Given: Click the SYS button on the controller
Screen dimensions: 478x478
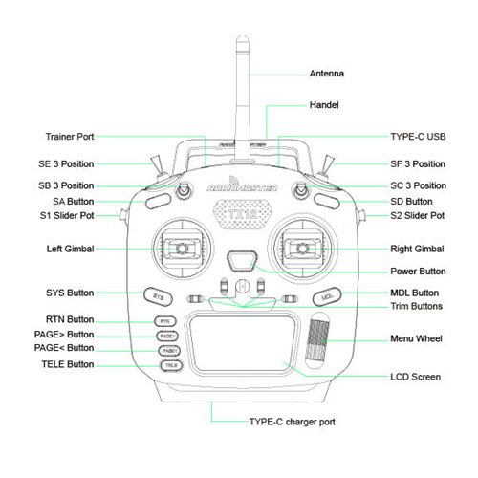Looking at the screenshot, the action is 158,296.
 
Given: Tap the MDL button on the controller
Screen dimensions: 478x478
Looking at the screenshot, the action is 327,296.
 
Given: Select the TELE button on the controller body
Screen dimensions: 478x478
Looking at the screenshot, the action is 171,365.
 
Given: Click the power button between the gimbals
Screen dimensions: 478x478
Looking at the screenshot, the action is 242,261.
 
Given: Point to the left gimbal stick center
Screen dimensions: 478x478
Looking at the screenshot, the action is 182,248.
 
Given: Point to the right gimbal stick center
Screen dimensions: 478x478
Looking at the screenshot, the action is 302,248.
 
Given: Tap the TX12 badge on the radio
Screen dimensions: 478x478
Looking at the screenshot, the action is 242,214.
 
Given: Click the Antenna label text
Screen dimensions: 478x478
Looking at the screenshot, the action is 327,74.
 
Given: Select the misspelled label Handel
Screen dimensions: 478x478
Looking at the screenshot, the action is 324,105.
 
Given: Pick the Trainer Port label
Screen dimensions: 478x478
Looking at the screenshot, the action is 70,137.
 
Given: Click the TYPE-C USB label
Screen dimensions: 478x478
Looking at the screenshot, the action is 418,137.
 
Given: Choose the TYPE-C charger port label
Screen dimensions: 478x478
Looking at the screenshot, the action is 292,422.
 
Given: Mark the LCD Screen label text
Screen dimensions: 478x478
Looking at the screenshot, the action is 416,377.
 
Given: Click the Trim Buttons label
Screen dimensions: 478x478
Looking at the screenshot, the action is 417,306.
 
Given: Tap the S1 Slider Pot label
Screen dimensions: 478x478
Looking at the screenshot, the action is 67,216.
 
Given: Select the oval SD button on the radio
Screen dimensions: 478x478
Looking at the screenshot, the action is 327,202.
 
